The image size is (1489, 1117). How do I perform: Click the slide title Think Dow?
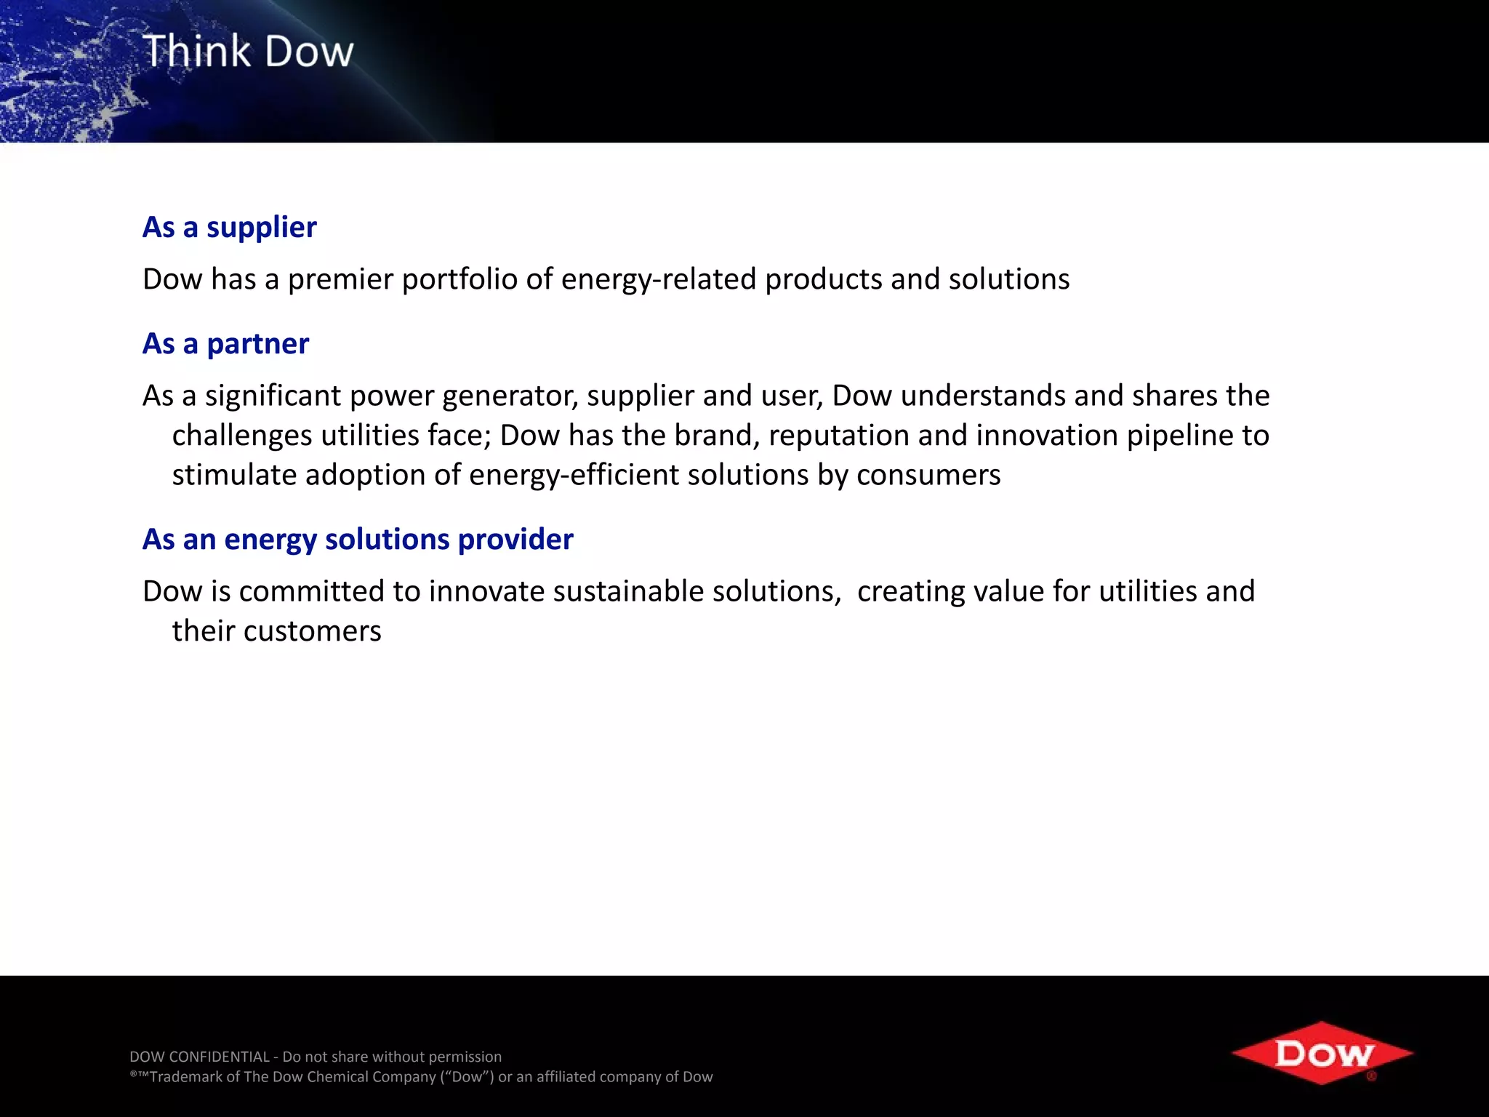(248, 52)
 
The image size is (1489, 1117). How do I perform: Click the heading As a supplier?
(229, 228)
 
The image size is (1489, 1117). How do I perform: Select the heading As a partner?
(225, 344)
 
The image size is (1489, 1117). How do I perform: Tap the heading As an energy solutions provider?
(358, 540)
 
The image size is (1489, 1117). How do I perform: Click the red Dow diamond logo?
(1322, 1053)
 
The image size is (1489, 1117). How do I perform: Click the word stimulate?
(234, 476)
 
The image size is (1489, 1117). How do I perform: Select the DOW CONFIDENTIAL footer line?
(316, 1057)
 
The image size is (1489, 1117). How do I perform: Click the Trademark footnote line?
(421, 1077)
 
